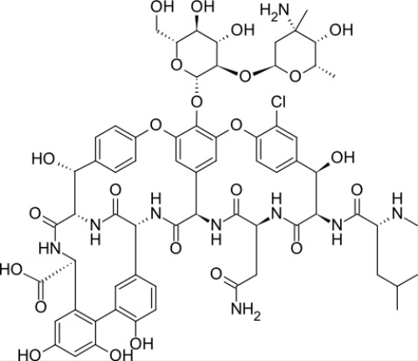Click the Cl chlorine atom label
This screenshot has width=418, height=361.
(278, 102)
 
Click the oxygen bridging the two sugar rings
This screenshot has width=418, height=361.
(245, 75)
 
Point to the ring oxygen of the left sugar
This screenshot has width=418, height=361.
(177, 65)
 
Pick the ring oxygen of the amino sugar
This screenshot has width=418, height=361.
(295, 76)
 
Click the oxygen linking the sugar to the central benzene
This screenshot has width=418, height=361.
(197, 102)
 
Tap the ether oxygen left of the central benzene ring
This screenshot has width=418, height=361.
(155, 126)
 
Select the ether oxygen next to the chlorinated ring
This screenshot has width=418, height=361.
(237, 126)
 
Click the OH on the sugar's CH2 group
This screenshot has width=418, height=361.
(161, 7)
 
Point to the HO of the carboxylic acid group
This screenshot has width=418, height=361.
(11, 271)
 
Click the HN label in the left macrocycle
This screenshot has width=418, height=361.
(49, 249)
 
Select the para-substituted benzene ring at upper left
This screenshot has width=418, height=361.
(115, 149)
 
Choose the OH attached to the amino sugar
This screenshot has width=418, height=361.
(341, 29)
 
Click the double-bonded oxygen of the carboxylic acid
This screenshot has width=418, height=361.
(41, 307)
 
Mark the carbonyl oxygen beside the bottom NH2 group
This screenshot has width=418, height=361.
(217, 274)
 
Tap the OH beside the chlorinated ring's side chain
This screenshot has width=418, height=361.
(343, 157)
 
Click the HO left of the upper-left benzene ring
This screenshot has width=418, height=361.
(43, 159)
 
